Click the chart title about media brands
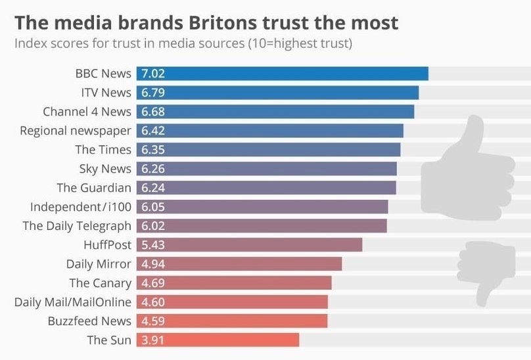[206, 23]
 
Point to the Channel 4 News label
[87, 112]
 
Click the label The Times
[103, 150]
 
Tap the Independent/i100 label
[81, 207]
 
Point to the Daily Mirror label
[99, 264]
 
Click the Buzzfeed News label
[89, 321]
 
